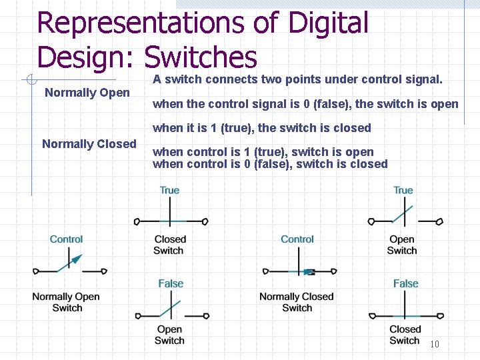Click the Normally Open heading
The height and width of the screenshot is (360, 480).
click(x=87, y=93)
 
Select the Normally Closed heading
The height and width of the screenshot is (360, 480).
click(x=89, y=144)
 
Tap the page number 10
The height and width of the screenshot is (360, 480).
click(x=435, y=344)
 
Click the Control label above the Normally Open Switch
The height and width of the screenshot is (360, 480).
click(x=67, y=239)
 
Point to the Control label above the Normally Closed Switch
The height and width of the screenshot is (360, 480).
click(x=297, y=239)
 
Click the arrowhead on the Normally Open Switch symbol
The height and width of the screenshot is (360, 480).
click(x=77, y=259)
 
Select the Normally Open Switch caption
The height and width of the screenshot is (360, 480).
click(x=67, y=302)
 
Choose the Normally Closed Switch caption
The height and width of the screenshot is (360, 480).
click(x=297, y=302)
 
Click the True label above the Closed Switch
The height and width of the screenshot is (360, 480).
click(x=170, y=191)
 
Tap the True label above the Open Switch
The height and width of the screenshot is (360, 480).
click(x=403, y=191)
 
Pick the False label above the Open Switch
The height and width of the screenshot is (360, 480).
click(x=171, y=284)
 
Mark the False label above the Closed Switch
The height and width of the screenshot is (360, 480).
click(x=405, y=284)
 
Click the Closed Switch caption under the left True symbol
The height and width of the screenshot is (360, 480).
click(x=170, y=245)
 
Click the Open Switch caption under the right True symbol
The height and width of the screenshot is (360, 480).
click(x=402, y=245)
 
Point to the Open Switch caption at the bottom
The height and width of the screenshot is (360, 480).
click(x=170, y=335)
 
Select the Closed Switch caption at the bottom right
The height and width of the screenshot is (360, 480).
click(x=405, y=335)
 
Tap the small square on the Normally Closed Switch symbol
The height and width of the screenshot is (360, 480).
click(x=309, y=272)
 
